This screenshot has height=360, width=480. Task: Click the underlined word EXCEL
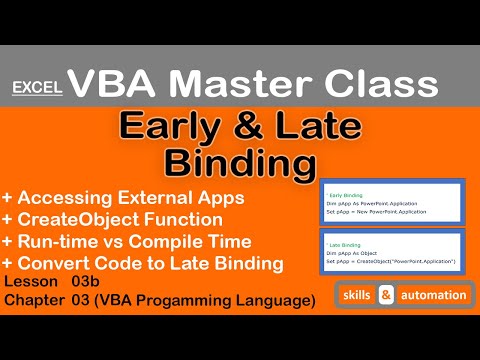click(38, 87)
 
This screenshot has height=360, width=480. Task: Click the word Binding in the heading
click(240, 161)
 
